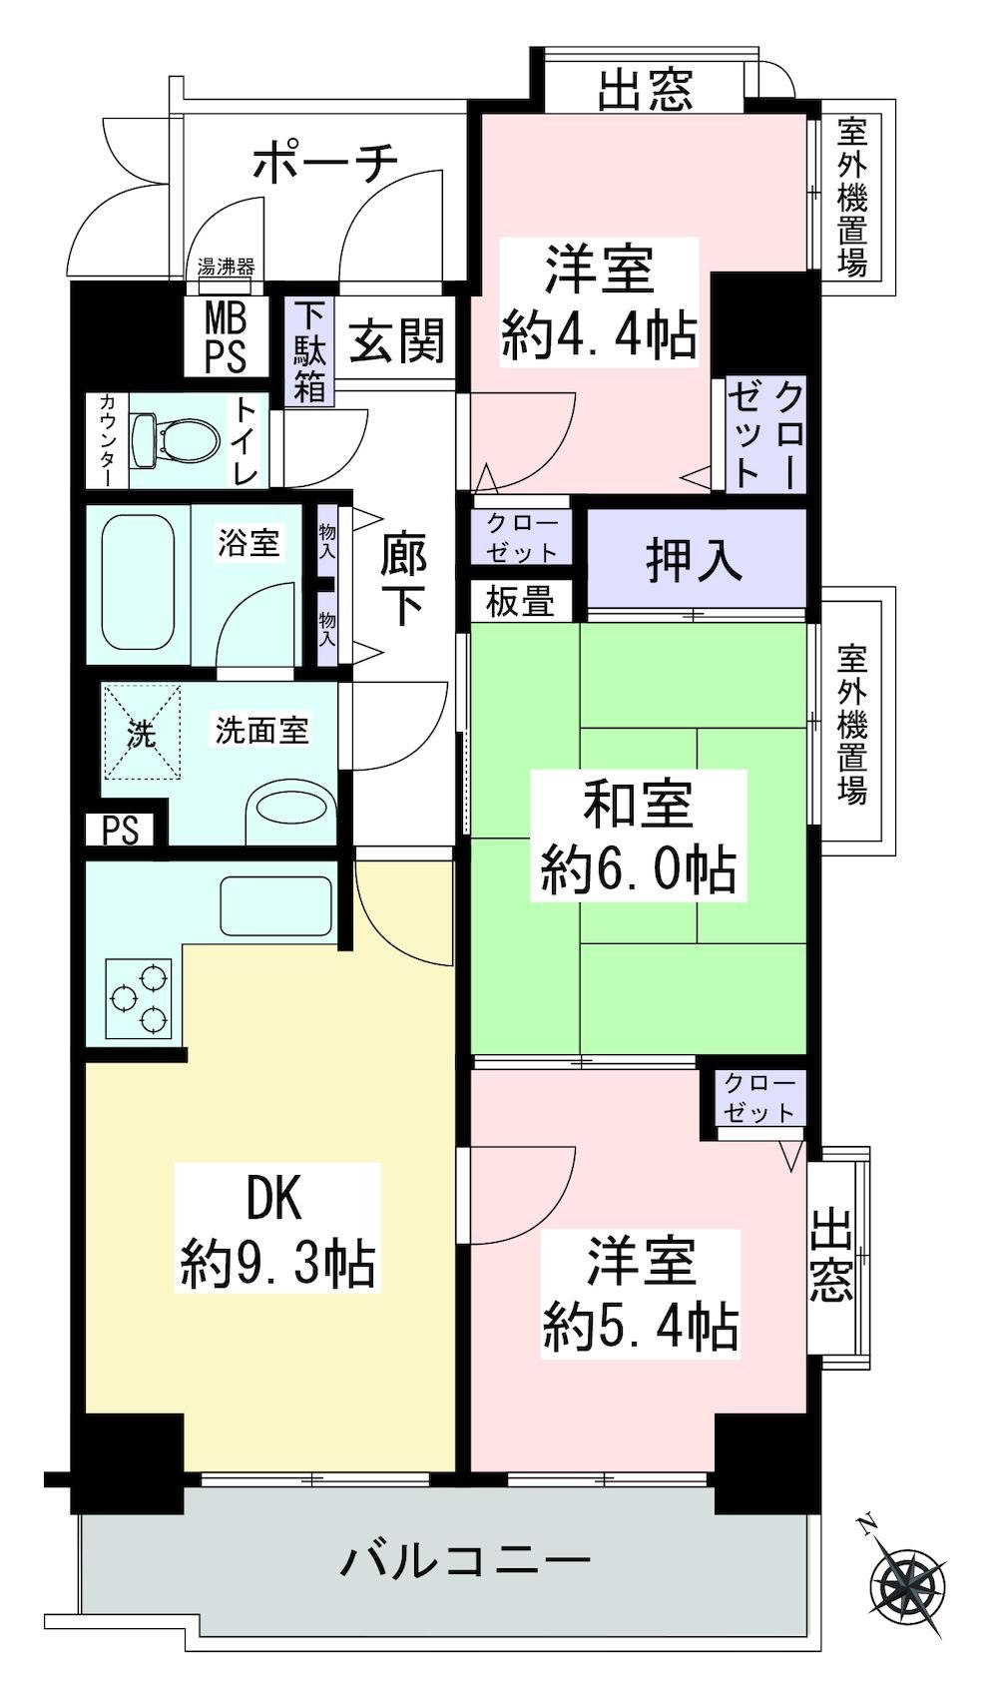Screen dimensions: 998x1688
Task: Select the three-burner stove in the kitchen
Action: [x=139, y=998]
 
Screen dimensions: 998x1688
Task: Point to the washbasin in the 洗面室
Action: [x=293, y=808]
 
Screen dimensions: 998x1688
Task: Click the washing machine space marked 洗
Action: [x=142, y=732]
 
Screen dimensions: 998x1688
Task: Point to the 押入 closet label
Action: [x=694, y=561]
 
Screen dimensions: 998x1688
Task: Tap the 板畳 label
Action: [x=520, y=601]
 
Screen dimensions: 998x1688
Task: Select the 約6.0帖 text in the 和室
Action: [x=638, y=870]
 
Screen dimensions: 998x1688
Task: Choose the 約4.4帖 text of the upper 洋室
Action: [x=599, y=336]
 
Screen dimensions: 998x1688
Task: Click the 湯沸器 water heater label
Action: [x=226, y=267]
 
